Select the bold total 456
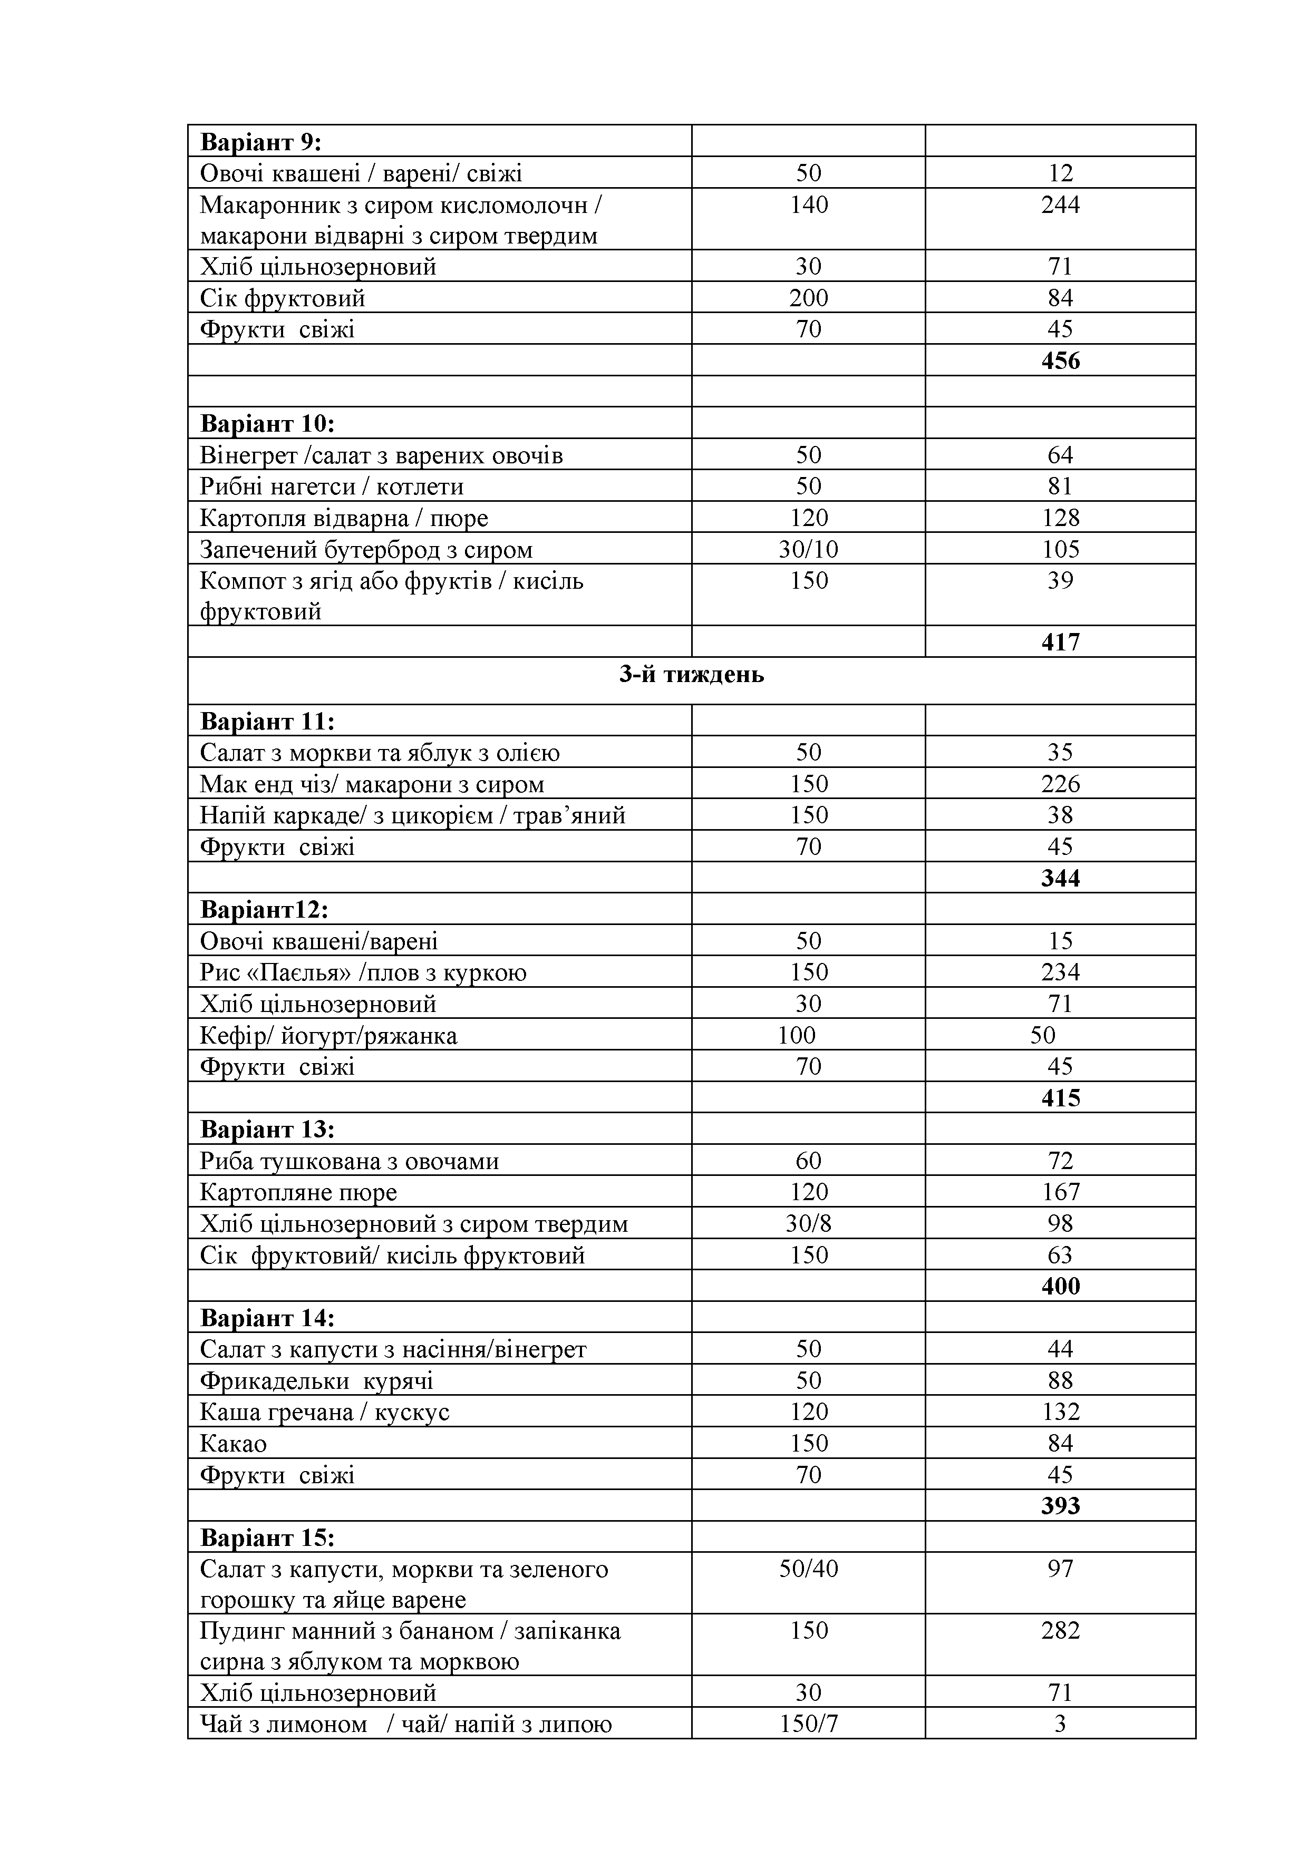click(1060, 361)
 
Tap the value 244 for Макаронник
click(1060, 205)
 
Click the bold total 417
click(1060, 643)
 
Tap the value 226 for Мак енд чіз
click(1060, 784)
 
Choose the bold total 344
click(1060, 878)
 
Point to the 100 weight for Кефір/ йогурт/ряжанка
click(797, 1035)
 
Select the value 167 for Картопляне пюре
click(1060, 1192)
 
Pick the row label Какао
click(233, 1443)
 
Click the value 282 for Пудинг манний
click(1060, 1631)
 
